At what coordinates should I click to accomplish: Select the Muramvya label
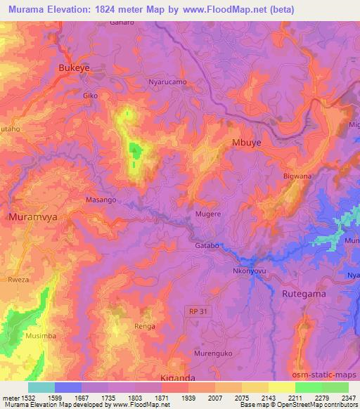(x=33, y=218)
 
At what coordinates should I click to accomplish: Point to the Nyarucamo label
(x=167, y=82)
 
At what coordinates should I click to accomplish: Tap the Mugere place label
(x=208, y=212)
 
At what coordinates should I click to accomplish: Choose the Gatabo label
(x=208, y=246)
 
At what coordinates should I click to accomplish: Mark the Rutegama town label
(x=304, y=294)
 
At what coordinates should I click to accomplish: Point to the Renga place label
(x=145, y=327)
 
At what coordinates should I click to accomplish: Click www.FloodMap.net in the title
(x=216, y=9)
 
